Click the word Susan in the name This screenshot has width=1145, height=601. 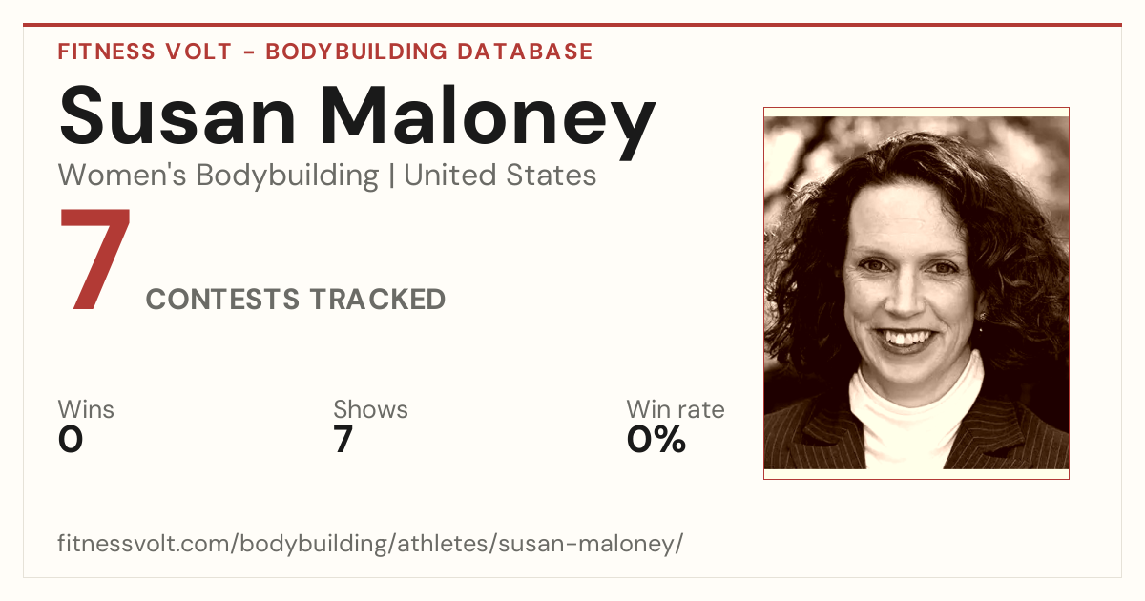pyautogui.click(x=177, y=115)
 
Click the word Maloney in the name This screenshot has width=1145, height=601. pyautogui.click(x=488, y=123)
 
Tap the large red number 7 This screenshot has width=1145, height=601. pyautogui.click(x=95, y=259)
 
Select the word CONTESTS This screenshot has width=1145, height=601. pyautogui.click(x=222, y=299)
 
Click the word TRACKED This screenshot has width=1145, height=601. pyautogui.click(x=378, y=299)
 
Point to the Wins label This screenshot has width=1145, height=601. pyautogui.click(x=86, y=409)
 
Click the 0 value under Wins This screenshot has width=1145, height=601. pyautogui.click(x=71, y=440)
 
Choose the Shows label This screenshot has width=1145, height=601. pyautogui.click(x=370, y=409)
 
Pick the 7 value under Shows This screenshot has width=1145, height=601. pyautogui.click(x=343, y=440)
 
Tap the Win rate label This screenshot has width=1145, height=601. pyautogui.click(x=676, y=409)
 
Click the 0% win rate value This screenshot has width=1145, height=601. pyautogui.click(x=656, y=440)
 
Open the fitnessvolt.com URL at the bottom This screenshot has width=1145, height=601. pyautogui.click(x=370, y=543)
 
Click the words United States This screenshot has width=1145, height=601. pyautogui.click(x=500, y=176)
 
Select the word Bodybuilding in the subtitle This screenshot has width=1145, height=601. pyautogui.click(x=287, y=176)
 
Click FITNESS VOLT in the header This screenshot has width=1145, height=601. pyautogui.click(x=145, y=52)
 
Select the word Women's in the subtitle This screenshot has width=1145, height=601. pyautogui.click(x=122, y=176)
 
